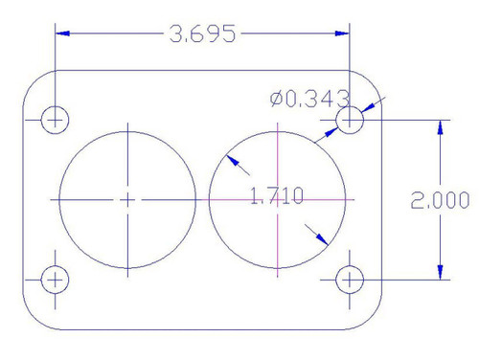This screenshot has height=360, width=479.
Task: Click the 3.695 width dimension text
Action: (200, 34)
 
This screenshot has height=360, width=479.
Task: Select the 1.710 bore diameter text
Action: (276, 197)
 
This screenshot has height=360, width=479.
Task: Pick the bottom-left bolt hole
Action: (56, 280)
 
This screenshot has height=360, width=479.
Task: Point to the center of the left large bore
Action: (127, 199)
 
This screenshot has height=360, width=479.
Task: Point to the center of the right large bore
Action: (277, 199)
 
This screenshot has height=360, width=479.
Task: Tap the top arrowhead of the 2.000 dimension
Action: (441, 127)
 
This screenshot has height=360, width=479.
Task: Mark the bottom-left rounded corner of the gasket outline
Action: (34, 316)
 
